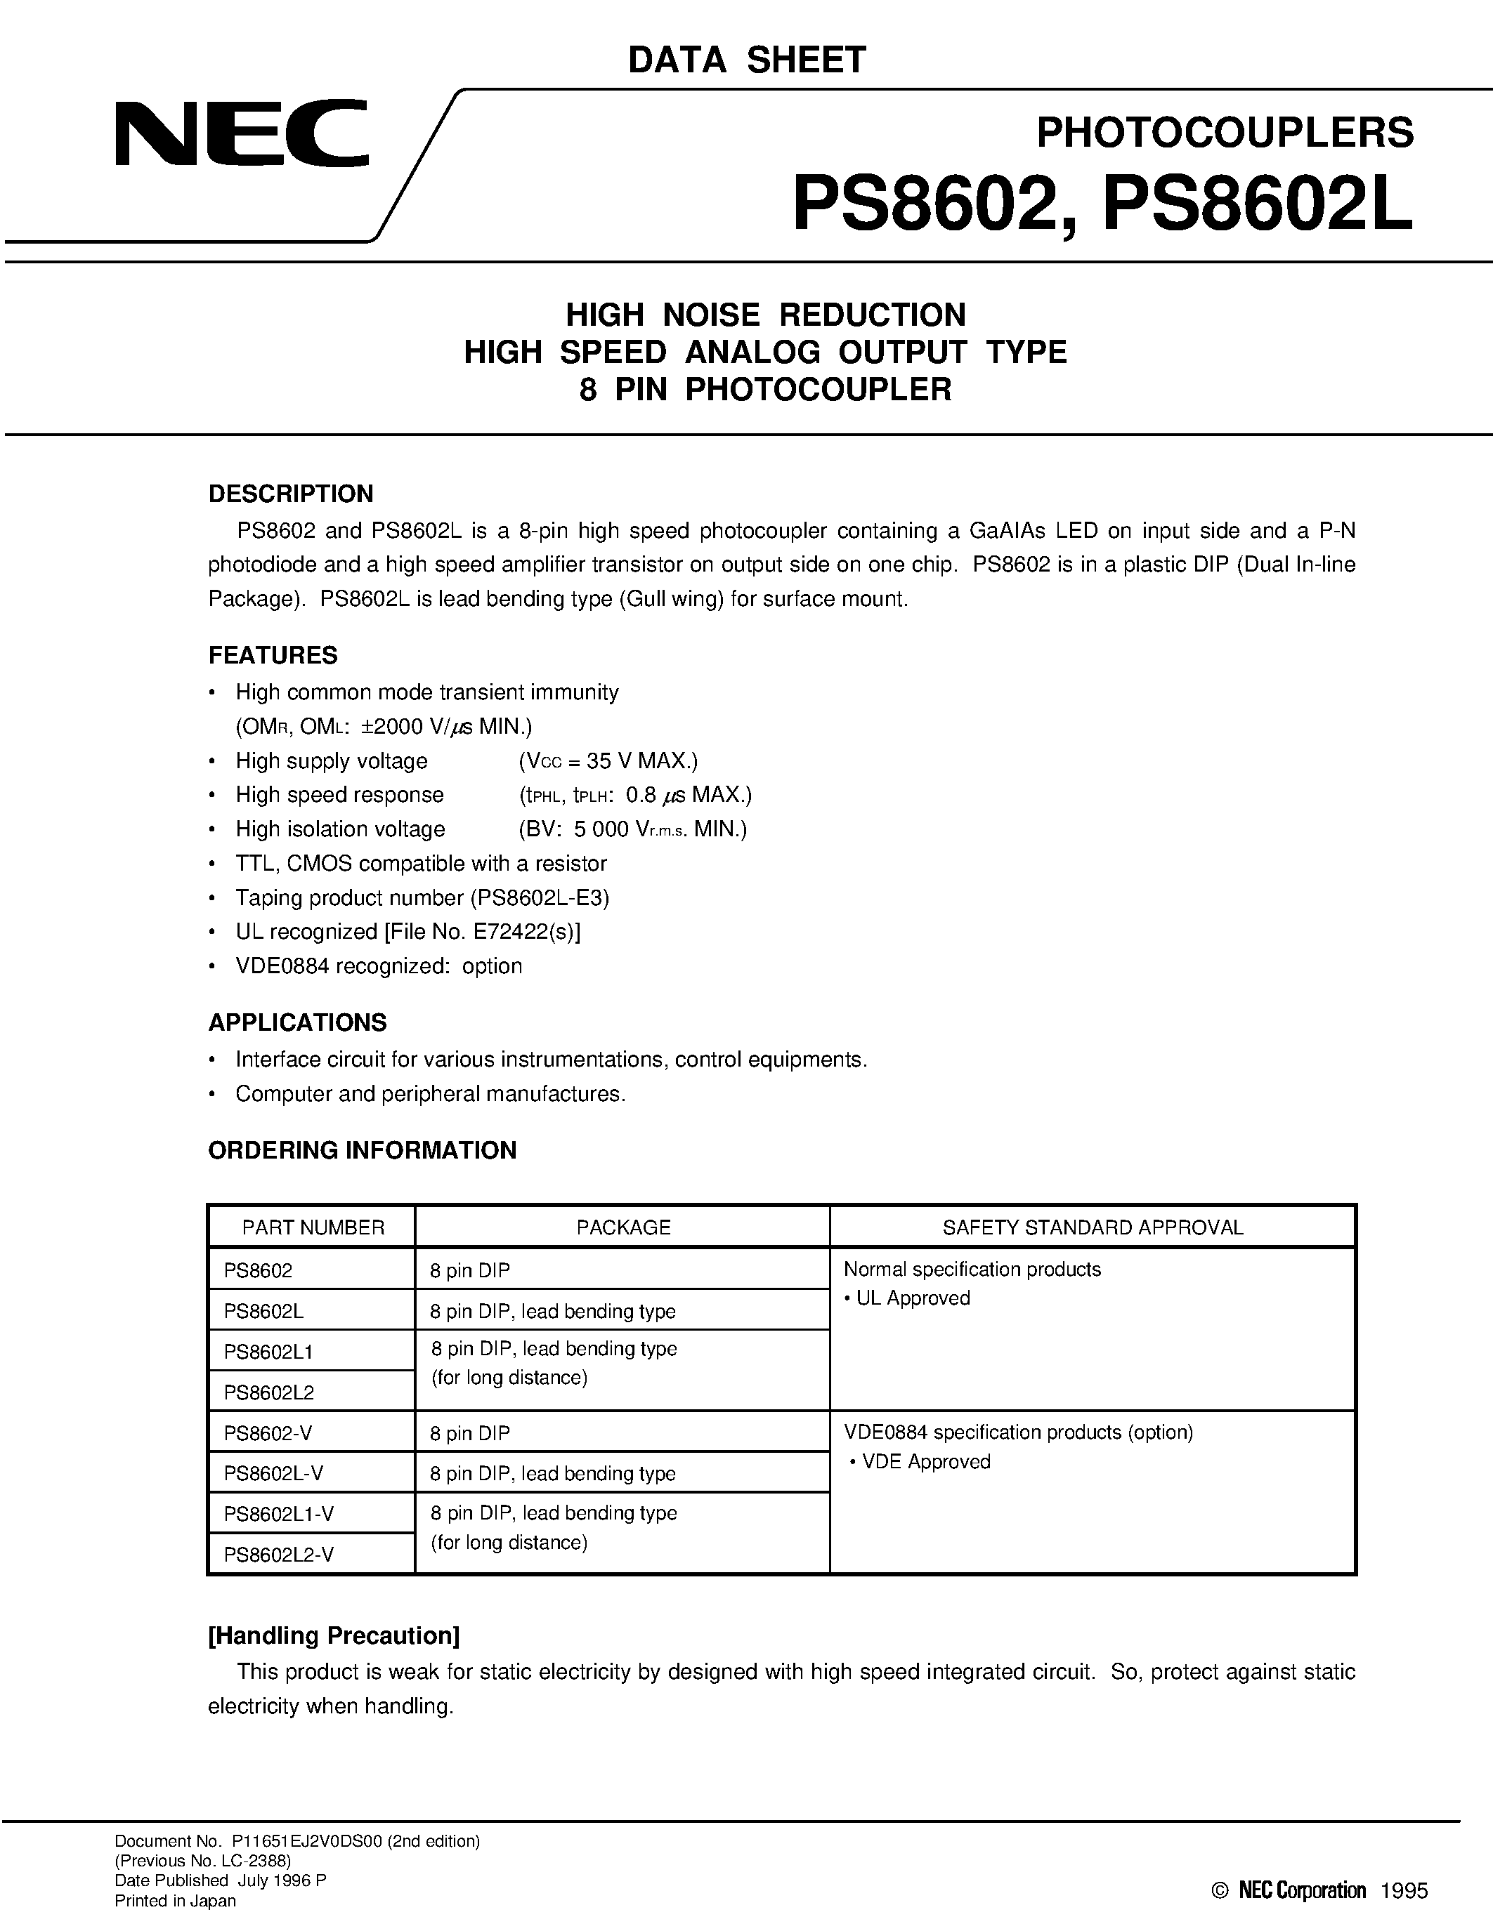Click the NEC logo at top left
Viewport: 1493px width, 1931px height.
tap(240, 133)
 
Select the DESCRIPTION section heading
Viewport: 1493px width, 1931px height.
tap(290, 494)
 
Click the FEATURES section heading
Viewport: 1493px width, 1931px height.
tap(273, 655)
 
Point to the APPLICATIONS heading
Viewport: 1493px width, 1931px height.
tap(297, 1022)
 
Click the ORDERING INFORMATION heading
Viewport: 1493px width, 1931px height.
tap(362, 1150)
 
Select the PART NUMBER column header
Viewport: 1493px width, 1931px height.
tap(313, 1227)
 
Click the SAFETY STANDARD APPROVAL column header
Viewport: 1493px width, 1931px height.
tap(1093, 1227)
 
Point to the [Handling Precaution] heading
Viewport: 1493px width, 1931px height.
tap(334, 1635)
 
